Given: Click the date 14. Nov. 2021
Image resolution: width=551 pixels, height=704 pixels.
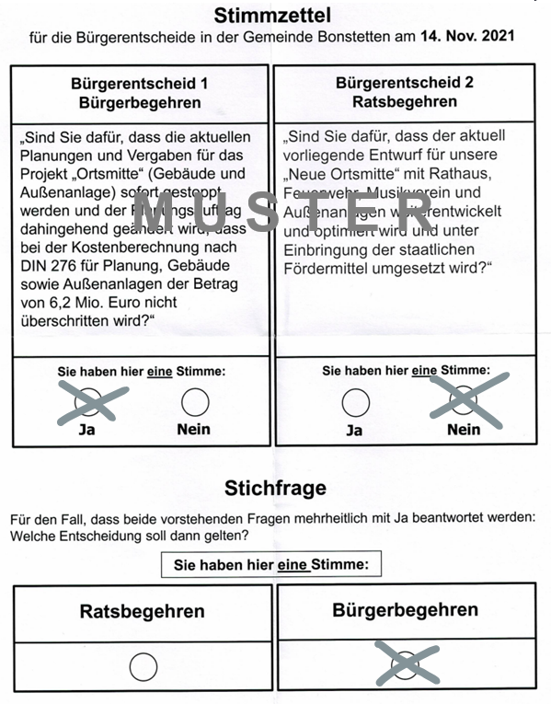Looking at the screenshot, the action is click(467, 37).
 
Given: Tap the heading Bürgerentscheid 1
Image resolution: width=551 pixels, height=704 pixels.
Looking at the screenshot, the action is click(139, 84).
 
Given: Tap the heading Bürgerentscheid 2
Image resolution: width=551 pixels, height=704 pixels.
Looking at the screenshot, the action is click(405, 83).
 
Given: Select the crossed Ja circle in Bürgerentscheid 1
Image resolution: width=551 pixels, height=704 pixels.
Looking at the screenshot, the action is click(89, 402).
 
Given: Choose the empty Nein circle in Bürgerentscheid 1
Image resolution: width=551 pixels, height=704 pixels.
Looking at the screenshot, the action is click(194, 402).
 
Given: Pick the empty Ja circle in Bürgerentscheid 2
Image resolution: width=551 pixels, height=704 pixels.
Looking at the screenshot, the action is click(355, 402).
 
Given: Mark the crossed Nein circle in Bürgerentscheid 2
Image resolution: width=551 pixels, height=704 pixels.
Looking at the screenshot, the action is click(464, 401).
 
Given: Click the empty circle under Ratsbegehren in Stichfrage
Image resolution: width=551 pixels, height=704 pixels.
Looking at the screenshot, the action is click(143, 665).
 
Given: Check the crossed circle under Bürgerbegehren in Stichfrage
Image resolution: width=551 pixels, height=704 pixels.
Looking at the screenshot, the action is click(406, 664).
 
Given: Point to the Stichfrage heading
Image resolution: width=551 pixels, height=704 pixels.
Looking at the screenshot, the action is click(275, 487).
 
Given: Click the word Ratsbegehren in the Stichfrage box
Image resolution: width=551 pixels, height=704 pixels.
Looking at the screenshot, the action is click(142, 611).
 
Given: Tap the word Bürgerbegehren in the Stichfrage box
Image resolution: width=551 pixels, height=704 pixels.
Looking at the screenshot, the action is click(405, 610).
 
